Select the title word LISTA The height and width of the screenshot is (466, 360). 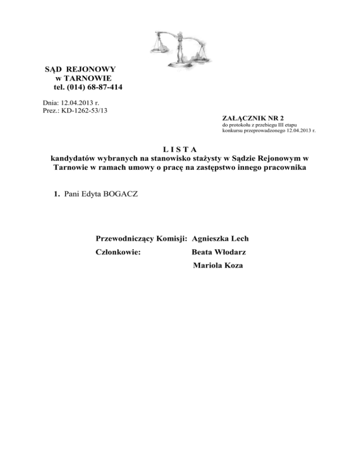(x=180, y=150)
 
